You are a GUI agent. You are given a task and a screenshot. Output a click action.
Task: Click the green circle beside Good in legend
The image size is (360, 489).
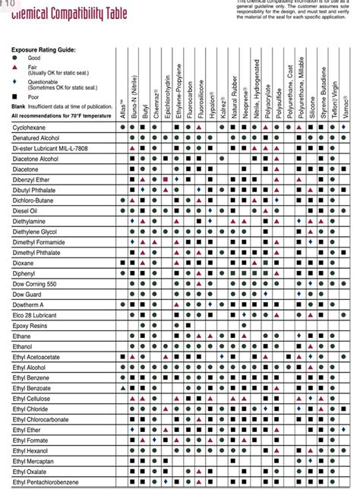tap(14, 58)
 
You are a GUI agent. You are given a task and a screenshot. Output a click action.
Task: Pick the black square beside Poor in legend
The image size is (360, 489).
tap(14, 96)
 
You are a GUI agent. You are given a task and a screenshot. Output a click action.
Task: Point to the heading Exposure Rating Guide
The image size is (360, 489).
tap(43, 49)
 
